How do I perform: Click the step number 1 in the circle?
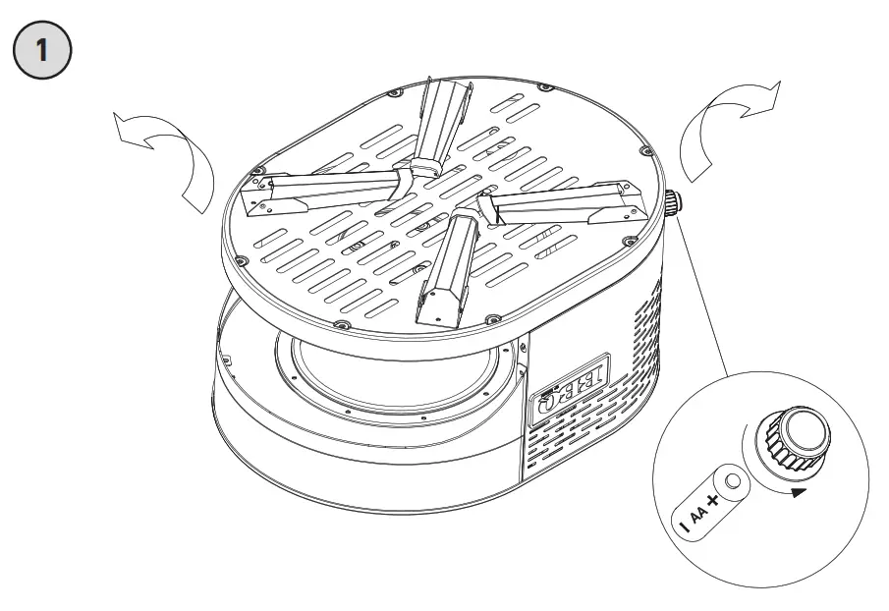coord(40,48)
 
